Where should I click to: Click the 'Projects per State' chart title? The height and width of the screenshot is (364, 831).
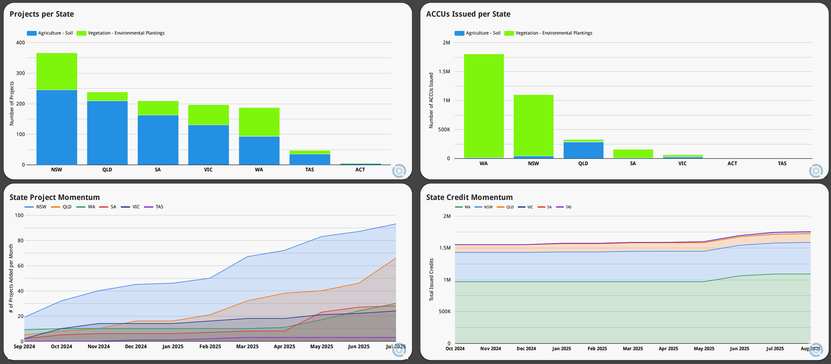tap(42, 14)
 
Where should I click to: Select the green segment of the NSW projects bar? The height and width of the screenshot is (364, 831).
tap(57, 71)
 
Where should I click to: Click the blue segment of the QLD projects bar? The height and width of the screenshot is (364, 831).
tap(107, 133)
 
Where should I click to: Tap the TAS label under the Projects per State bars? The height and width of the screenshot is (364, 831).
tap(309, 170)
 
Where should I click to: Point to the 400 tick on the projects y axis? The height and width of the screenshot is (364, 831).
tap(20, 43)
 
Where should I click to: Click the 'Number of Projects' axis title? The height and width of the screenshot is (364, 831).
tap(12, 103)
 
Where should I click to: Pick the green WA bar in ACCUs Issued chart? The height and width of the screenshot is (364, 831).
tap(484, 106)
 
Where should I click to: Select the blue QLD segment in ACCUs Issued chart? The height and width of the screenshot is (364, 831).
tap(583, 150)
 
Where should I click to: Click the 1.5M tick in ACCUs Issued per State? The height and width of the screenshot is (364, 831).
tap(444, 71)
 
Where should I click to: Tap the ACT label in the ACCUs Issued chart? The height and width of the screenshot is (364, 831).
tap(732, 163)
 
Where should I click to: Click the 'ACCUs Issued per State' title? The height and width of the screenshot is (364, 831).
tap(468, 14)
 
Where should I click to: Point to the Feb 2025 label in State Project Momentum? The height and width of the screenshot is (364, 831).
tap(210, 346)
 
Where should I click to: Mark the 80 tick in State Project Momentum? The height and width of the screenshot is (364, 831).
tap(21, 240)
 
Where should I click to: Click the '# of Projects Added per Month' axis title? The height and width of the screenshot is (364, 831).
tap(11, 278)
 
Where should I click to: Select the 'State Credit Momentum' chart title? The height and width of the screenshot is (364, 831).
tap(469, 197)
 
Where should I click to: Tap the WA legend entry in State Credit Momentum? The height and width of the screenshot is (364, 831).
tap(463, 207)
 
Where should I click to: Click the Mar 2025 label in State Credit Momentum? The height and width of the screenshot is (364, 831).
tap(633, 348)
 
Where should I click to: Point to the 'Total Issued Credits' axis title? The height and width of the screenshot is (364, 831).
tap(431, 280)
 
